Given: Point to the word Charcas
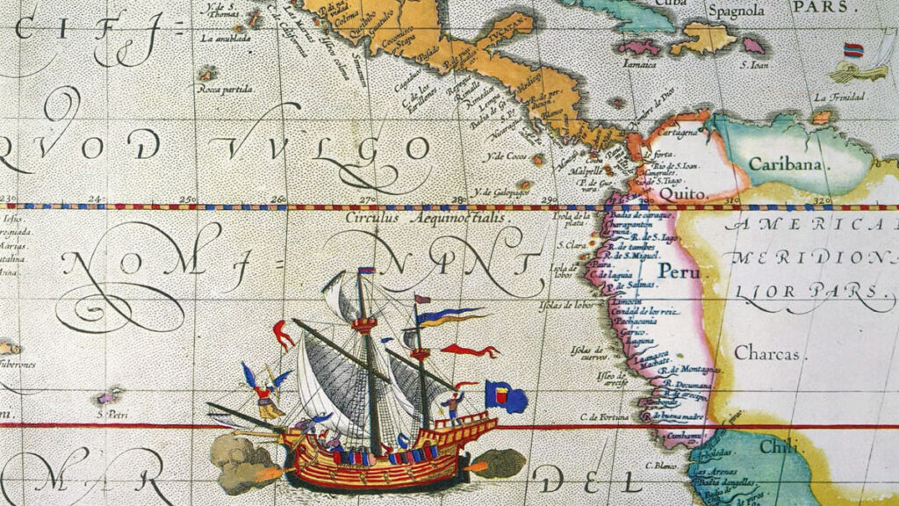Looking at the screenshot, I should tap(766, 353).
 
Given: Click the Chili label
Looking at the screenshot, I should tap(777, 447).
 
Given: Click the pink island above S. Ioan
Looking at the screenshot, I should tap(754, 44).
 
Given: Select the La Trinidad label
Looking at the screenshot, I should tap(835, 97).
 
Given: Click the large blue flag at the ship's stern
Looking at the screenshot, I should tap(507, 397).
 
